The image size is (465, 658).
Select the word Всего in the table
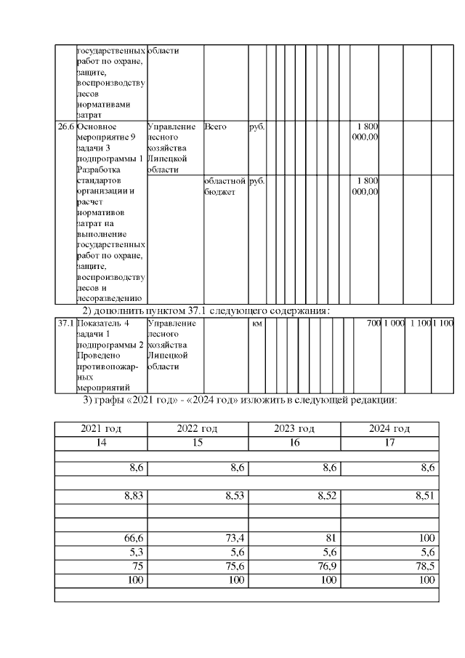[x=215, y=127]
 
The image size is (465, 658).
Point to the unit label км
[x=256, y=322]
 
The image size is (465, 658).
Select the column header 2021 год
[x=101, y=428]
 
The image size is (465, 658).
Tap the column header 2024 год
[x=389, y=428]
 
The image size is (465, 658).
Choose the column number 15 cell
[x=198, y=442]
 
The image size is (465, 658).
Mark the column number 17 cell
[x=389, y=442]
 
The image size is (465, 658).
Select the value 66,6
[x=132, y=538]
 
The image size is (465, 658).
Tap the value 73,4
[x=233, y=538]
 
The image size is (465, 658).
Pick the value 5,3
[x=135, y=552]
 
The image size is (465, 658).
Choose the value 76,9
[x=326, y=566]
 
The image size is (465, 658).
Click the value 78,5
[x=425, y=566]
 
